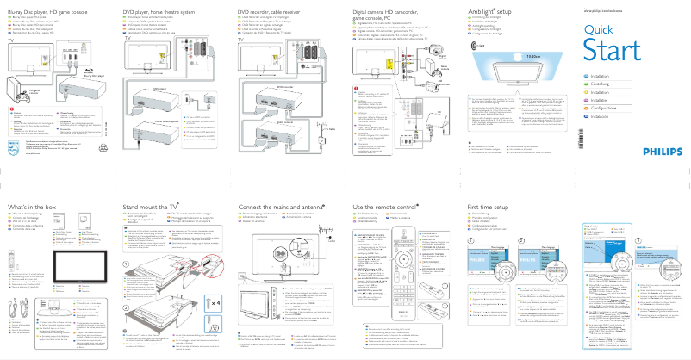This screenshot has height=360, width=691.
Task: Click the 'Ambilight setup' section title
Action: (x=492, y=5)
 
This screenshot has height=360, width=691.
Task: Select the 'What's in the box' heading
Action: (x=33, y=208)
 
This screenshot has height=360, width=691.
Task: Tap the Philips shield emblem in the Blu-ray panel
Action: (x=12, y=147)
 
